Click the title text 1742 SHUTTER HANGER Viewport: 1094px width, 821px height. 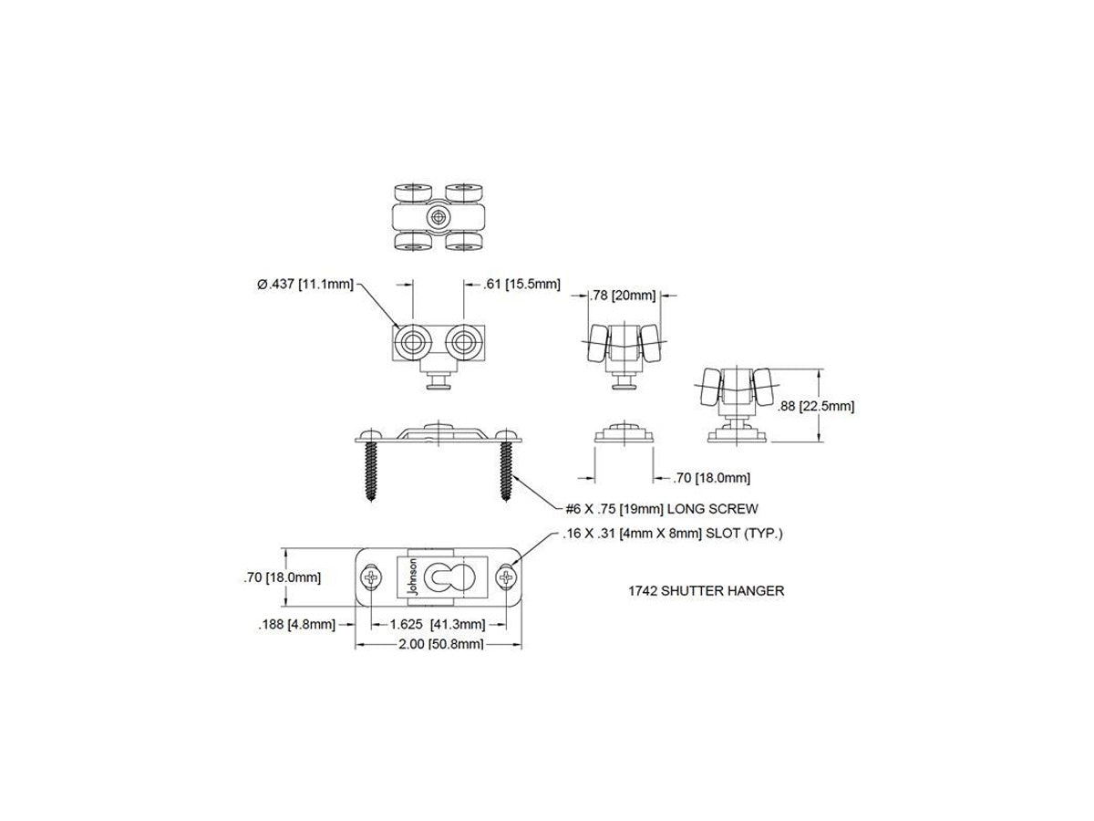click(x=706, y=591)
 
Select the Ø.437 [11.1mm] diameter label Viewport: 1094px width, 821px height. click(x=305, y=285)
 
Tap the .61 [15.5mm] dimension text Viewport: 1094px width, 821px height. click(x=521, y=285)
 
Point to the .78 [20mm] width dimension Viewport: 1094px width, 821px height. click(x=623, y=296)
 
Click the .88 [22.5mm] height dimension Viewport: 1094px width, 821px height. click(x=816, y=406)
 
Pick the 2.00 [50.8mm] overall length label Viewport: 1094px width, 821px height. click(x=440, y=645)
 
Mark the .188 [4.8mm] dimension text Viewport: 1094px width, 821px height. click(x=296, y=625)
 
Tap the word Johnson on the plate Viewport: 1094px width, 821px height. click(x=413, y=577)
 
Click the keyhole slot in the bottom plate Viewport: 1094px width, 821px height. click(x=446, y=577)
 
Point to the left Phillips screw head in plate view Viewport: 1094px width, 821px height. click(x=371, y=577)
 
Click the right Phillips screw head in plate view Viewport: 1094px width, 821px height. click(x=507, y=577)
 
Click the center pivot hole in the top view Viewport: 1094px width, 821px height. click(x=439, y=217)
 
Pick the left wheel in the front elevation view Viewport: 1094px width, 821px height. click(x=413, y=342)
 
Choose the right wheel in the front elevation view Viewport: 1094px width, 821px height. click(x=464, y=342)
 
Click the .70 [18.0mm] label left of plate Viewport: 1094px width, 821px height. click(x=282, y=577)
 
